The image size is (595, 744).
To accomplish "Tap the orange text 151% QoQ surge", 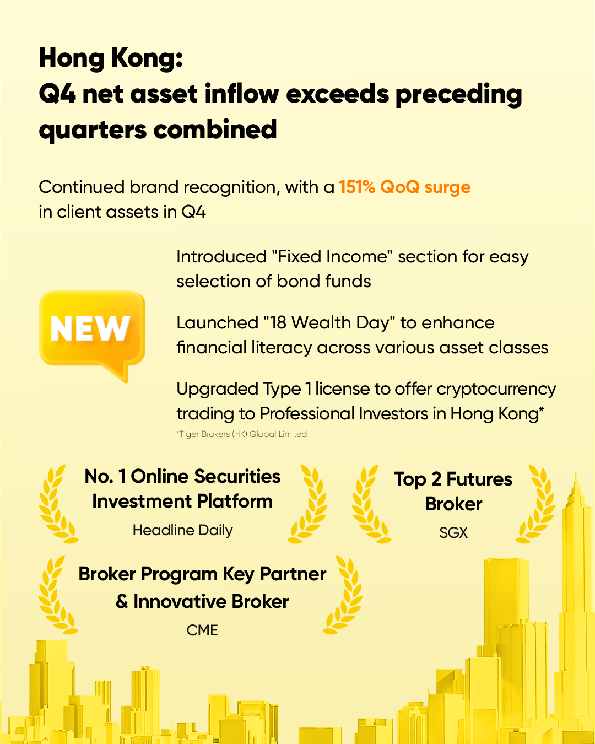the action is pyautogui.click(x=404, y=187).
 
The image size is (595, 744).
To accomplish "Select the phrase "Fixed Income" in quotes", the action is pyautogui.click(x=332, y=256).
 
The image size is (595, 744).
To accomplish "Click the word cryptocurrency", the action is pyautogui.click(x=496, y=390).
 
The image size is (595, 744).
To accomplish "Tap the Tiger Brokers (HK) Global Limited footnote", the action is pyautogui.click(x=242, y=434).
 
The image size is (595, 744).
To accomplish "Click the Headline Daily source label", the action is pyautogui.click(x=182, y=530).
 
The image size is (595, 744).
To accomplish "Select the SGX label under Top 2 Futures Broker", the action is pyautogui.click(x=453, y=533).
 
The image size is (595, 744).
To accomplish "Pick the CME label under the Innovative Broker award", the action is pyautogui.click(x=202, y=630).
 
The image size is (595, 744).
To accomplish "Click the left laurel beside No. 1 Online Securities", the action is pyautogui.click(x=57, y=503).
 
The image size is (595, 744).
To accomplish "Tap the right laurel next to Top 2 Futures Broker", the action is pyautogui.click(x=535, y=503).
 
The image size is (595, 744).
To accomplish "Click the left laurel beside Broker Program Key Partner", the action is pyautogui.click(x=57, y=595).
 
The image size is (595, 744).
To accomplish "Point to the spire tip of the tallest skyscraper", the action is pyautogui.click(x=576, y=472).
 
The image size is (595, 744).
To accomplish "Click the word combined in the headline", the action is pyautogui.click(x=215, y=130).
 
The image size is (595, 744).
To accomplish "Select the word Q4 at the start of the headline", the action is pyautogui.click(x=57, y=94).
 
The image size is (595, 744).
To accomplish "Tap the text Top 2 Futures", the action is pyautogui.click(x=453, y=479).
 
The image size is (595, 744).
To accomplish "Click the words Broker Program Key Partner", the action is pyautogui.click(x=202, y=574).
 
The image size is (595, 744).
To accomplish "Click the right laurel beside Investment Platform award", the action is pyautogui.click(x=307, y=503).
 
